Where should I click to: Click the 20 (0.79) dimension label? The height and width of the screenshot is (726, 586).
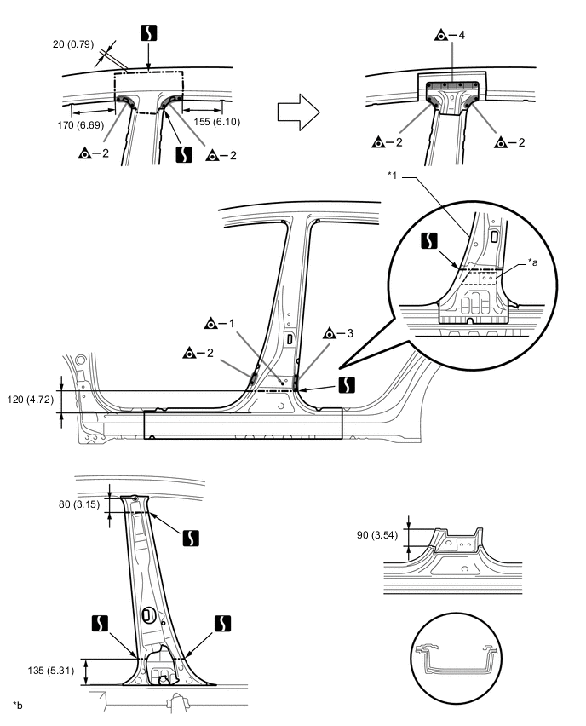73,44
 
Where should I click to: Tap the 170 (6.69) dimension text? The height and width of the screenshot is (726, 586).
81,125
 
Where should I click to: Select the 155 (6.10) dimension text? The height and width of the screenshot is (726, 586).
216,122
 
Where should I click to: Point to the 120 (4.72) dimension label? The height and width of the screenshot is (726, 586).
30,399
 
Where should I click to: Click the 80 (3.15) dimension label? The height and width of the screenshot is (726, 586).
79,504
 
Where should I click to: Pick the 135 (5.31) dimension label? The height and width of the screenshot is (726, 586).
51,670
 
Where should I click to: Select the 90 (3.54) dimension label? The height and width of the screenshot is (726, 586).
377,535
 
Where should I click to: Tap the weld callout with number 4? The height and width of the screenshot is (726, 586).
450,35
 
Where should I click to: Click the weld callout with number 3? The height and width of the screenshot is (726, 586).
338,333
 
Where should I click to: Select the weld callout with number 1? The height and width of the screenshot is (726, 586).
220,323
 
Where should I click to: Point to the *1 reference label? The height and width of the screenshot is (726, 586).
393,176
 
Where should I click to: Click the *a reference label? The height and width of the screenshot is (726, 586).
533,262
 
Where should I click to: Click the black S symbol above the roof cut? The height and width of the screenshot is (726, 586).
148,33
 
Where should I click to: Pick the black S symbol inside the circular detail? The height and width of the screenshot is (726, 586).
429,240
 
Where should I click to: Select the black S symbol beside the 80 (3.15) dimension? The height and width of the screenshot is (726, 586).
191,538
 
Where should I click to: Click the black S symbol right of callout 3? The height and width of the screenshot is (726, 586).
348,385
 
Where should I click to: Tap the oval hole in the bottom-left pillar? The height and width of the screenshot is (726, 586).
147,615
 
